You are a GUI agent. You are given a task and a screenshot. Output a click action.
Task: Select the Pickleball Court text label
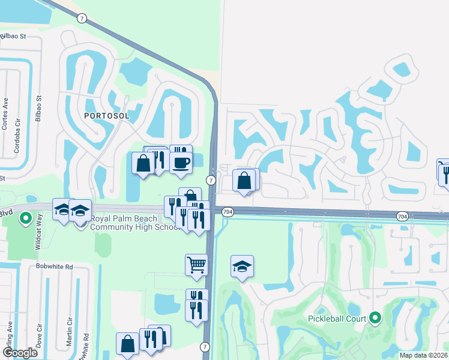[x=337, y=318]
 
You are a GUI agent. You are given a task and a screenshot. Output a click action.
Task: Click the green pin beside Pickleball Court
[x=375, y=317]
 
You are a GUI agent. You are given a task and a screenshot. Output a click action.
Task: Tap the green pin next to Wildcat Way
[x=25, y=219]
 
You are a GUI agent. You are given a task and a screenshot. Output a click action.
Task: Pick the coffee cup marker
[x=181, y=161]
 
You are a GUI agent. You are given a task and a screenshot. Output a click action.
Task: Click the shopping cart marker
[x=196, y=264]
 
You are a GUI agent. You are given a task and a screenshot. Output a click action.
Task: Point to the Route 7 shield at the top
[x=81, y=18]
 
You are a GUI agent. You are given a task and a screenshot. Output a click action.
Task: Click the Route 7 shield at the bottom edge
[x=205, y=347]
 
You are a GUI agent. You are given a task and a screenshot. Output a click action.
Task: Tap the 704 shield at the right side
[x=402, y=215]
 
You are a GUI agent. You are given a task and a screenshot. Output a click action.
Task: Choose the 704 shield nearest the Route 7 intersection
[x=227, y=212]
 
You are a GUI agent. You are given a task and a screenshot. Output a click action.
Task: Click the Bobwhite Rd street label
[x=54, y=266]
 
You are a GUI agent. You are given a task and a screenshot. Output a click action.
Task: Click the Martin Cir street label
[x=70, y=331]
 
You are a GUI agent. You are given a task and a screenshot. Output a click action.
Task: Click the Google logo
[x=20, y=353]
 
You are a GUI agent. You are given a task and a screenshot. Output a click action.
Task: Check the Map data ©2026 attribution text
[x=423, y=355]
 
